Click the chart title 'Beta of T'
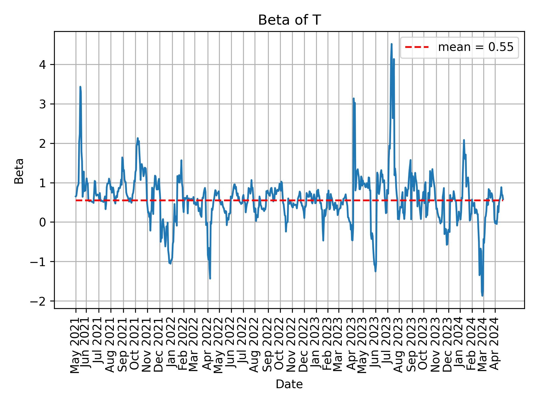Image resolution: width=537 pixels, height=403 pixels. point(289,20)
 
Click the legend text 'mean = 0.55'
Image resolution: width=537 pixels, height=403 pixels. point(475,48)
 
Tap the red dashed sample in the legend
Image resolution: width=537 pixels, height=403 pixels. point(417,48)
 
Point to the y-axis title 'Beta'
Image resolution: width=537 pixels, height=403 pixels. point(19,171)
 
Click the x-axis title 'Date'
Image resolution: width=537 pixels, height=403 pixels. point(289,385)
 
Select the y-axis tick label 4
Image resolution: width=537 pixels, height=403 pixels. point(42,65)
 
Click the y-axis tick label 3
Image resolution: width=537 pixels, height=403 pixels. point(42,104)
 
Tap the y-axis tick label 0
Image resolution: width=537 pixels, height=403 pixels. point(42,222)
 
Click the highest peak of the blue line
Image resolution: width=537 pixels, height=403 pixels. point(392,44)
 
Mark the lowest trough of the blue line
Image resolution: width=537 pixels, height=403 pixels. point(482,296)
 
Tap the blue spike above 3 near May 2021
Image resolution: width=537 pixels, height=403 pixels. point(80,87)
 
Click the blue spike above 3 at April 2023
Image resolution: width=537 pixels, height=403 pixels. point(354,99)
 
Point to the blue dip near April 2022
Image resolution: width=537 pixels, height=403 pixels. point(210,278)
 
